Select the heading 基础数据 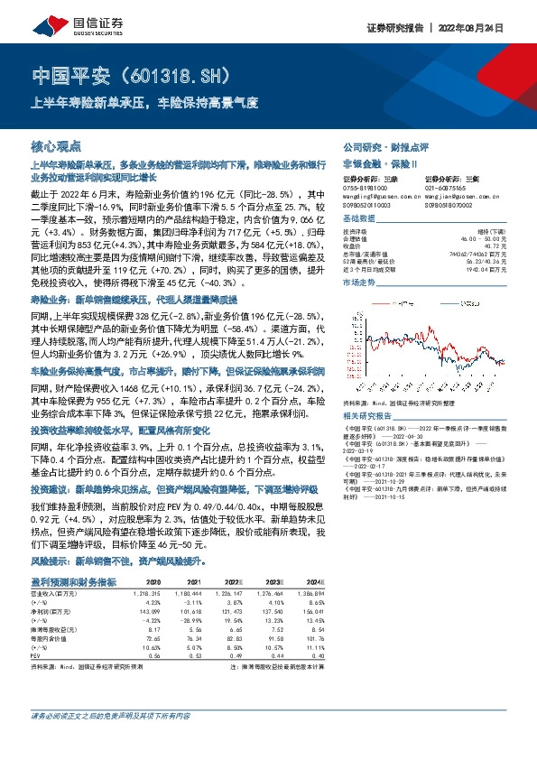pyautogui.click(x=359, y=218)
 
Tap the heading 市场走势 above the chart pyautogui.click(x=359, y=283)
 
